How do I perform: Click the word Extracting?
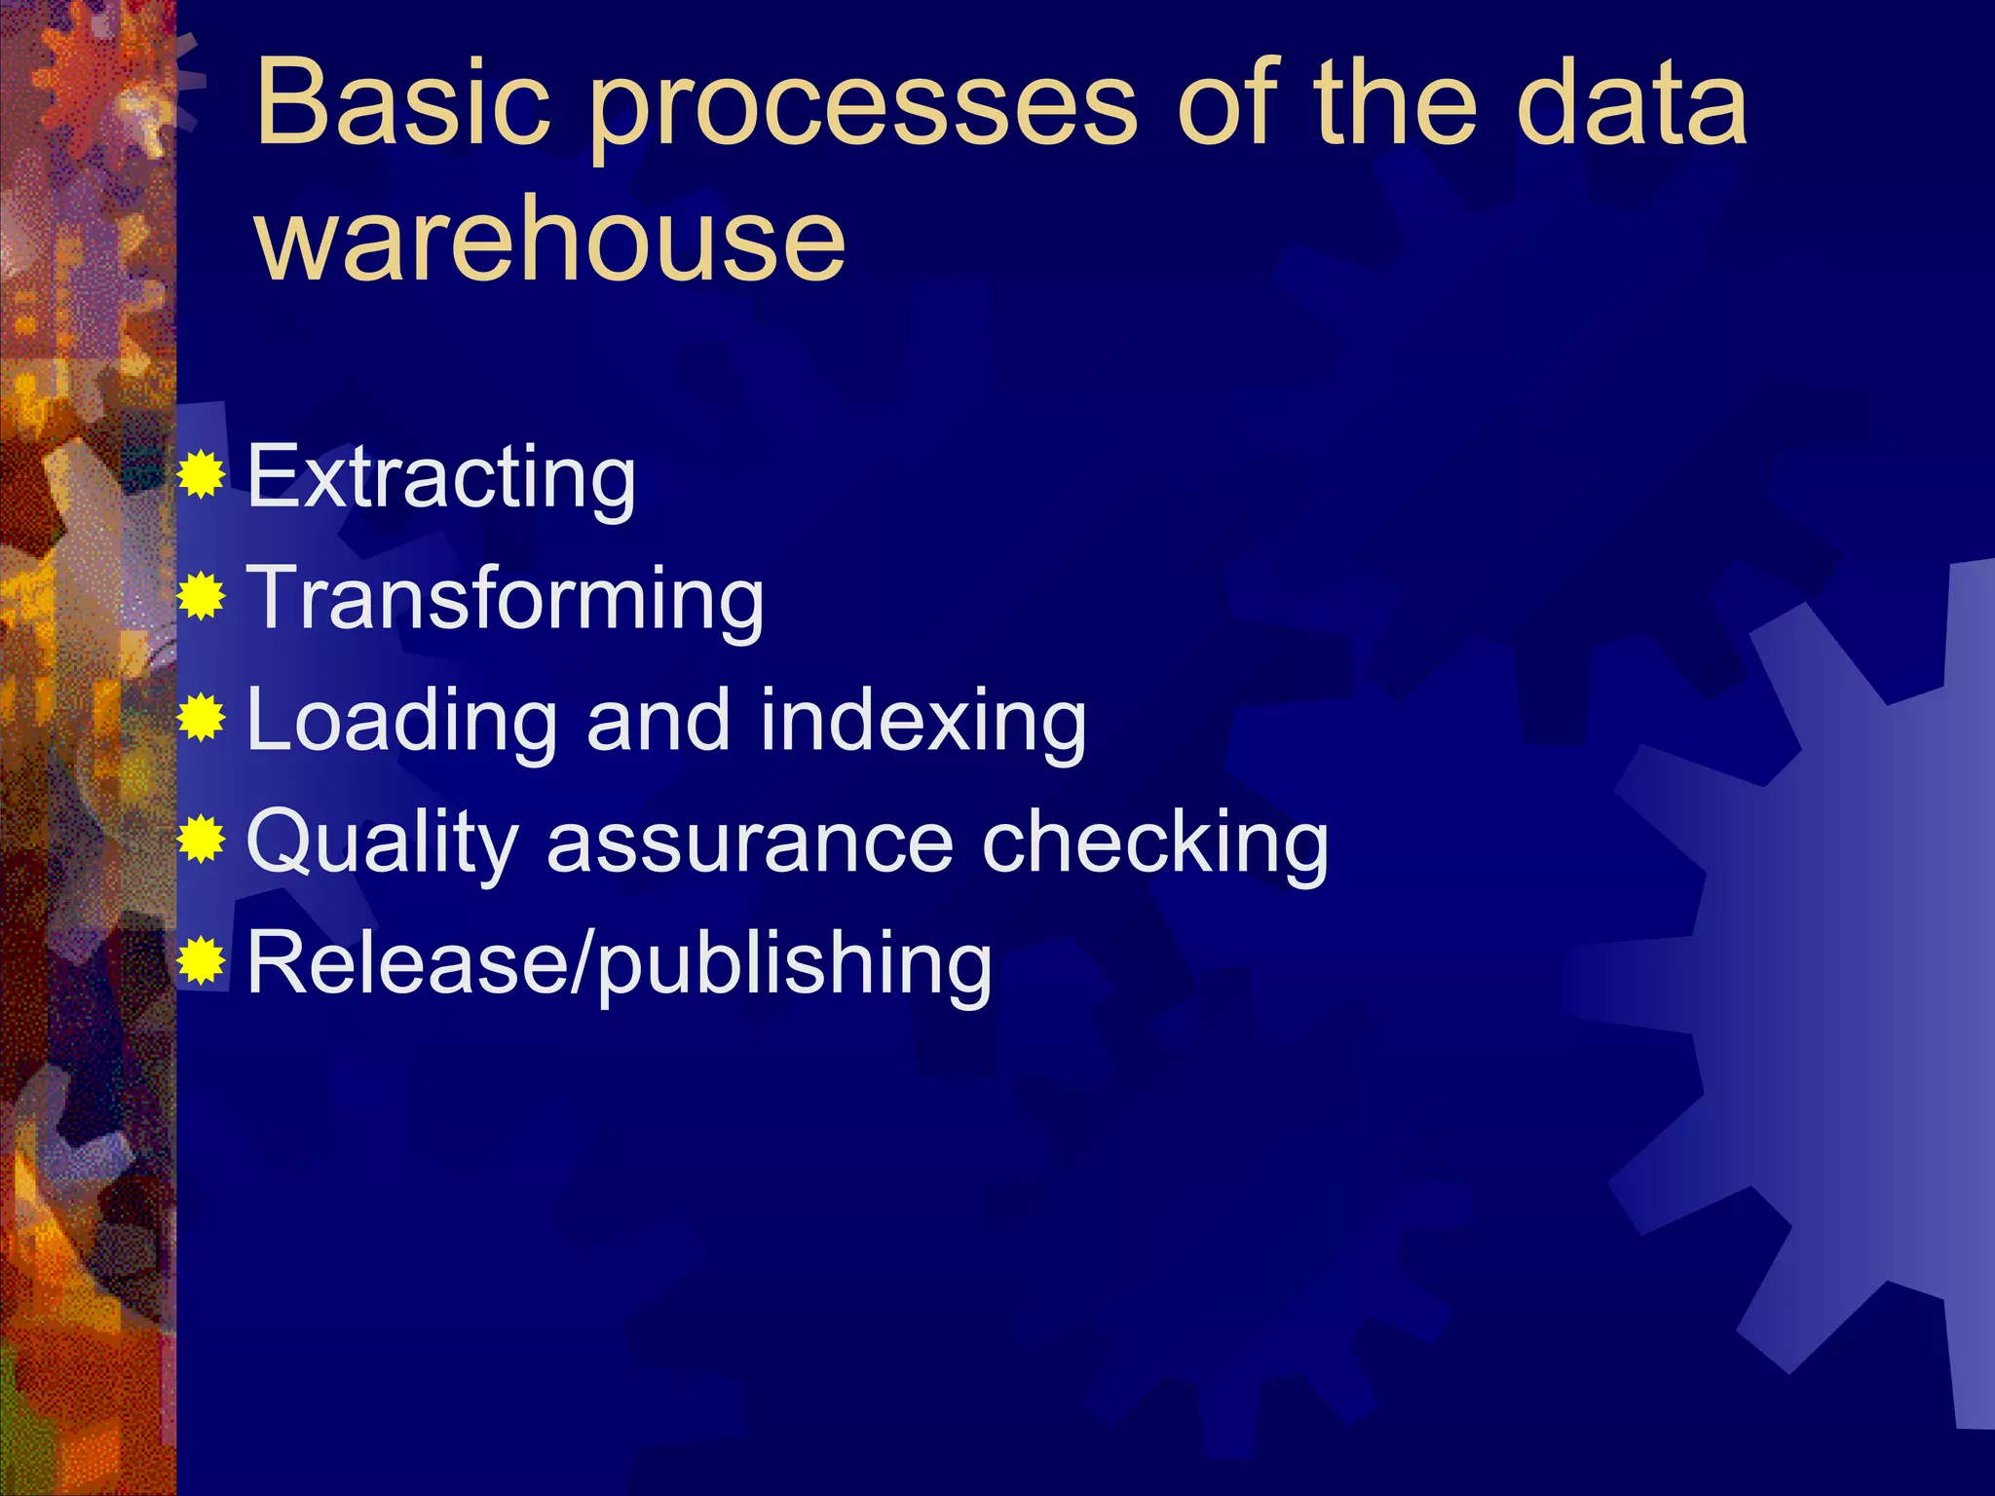tap(441, 477)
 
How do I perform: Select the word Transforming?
tap(506, 599)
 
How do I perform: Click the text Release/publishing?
tap(620, 964)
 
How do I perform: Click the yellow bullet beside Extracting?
tap(202, 476)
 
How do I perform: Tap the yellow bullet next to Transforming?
tap(202, 597)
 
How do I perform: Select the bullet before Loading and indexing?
tap(202, 719)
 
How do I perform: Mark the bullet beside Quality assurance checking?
tap(202, 840)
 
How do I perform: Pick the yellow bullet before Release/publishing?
tap(202, 961)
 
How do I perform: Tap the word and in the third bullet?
tap(658, 720)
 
